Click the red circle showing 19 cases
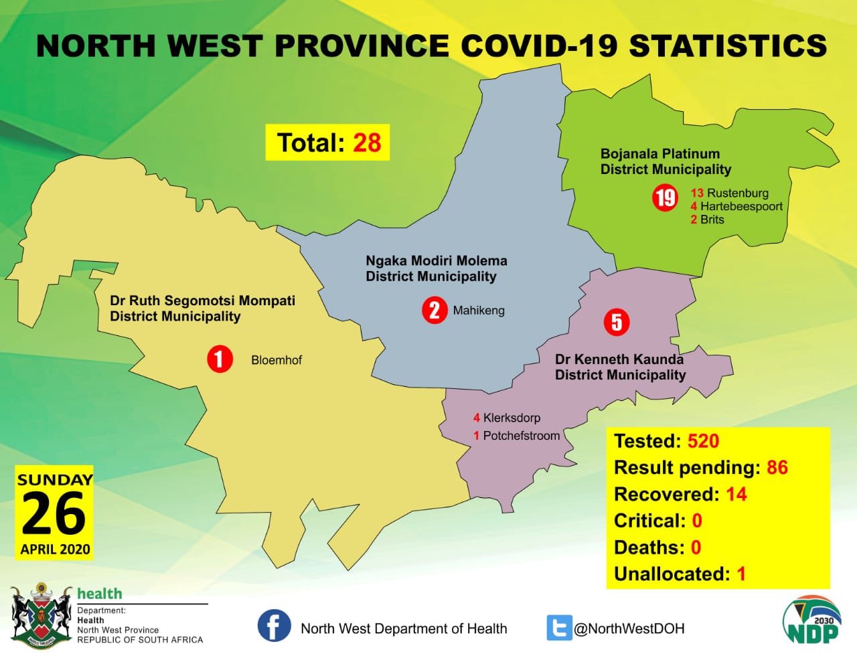coord(665,198)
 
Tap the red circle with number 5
coord(617,323)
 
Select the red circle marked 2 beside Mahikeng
coord(435,311)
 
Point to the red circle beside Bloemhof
coord(220,359)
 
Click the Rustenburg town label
coord(738,193)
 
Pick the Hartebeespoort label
coord(741,206)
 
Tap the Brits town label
coord(712,220)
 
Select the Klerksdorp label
coord(512,418)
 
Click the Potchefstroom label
coord(522,436)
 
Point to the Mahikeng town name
coord(479,311)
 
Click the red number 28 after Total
coord(367,143)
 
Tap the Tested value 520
coord(704,441)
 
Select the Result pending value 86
coord(777,468)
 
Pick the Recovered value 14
coord(736,494)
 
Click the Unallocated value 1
coord(741,574)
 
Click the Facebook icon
coord(274,626)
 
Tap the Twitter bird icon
coord(559,628)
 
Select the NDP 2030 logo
coord(812,625)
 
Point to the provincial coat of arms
coord(41,616)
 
